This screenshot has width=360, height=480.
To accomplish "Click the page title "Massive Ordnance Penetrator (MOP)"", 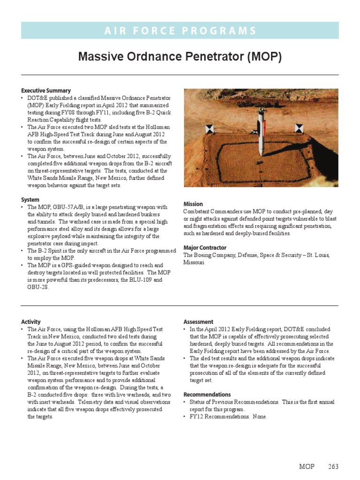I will (x=180, y=57).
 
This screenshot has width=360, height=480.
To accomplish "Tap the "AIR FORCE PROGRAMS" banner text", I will (x=180, y=31).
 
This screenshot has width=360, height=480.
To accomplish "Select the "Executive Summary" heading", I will (x=46, y=90).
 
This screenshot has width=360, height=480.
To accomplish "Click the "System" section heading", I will (x=30, y=200).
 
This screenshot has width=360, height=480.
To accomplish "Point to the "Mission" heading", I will (x=193, y=204).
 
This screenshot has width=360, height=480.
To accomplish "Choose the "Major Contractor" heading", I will (x=205, y=247).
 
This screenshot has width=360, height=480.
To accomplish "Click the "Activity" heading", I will (x=31, y=322).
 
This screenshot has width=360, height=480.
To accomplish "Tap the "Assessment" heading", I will (x=198, y=322).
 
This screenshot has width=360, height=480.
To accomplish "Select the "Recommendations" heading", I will (x=207, y=394).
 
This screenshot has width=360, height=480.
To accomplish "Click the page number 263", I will (x=333, y=467).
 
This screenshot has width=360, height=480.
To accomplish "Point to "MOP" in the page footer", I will (x=307, y=467).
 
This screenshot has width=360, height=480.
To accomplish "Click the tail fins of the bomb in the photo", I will (x=261, y=115).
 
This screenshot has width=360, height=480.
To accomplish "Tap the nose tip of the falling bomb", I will (x=259, y=155).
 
